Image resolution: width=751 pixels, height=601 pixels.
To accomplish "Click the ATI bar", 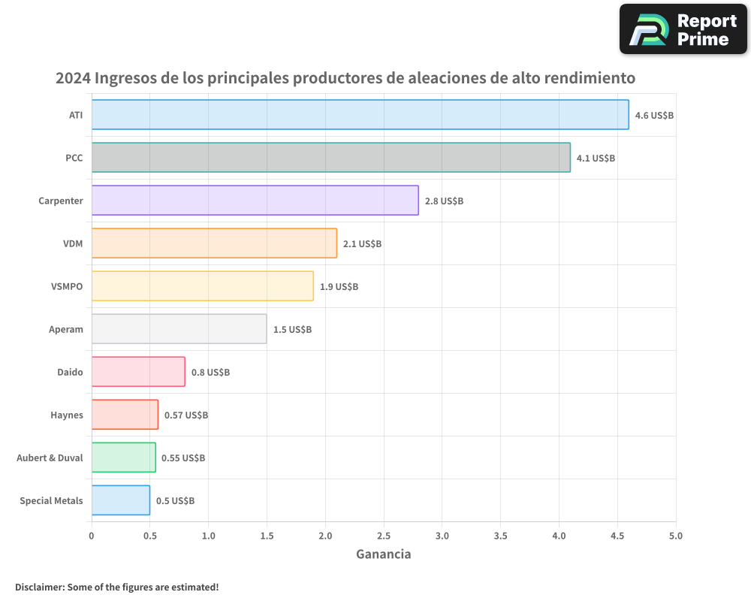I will pyautogui.click(x=360, y=115).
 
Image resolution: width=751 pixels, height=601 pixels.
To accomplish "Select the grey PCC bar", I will pyautogui.click(x=330, y=158).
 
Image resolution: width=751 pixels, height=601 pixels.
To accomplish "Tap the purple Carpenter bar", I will pyautogui.click(x=255, y=201).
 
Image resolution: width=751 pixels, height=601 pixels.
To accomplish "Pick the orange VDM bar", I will pyautogui.click(x=214, y=243).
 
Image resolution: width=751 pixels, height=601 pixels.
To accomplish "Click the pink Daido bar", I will pyautogui.click(x=138, y=372).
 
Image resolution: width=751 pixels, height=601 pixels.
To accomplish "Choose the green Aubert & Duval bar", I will pyautogui.click(x=123, y=458).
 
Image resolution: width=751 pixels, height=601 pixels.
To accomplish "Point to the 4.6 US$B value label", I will pyautogui.click(x=654, y=116).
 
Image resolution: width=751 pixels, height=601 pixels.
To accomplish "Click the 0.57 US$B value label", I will pyautogui.click(x=186, y=415).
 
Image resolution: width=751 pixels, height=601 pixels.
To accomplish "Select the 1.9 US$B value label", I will pyautogui.click(x=339, y=287).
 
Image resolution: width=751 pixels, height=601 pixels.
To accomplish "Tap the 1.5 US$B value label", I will pyautogui.click(x=292, y=330).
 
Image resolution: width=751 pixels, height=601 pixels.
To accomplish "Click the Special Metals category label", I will pyautogui.click(x=51, y=501).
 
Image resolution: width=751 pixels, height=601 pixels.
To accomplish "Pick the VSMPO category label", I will pyautogui.click(x=68, y=286).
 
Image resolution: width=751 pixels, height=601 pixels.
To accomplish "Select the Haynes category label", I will pyautogui.click(x=67, y=415).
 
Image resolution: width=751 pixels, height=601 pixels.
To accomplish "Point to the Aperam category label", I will pyautogui.click(x=65, y=329).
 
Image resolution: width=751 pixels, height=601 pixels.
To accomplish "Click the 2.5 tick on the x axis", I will pyautogui.click(x=384, y=536).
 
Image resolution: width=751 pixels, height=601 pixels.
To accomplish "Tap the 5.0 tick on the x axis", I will pyautogui.click(x=676, y=536).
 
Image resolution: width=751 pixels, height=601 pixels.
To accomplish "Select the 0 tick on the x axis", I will pyautogui.click(x=92, y=536).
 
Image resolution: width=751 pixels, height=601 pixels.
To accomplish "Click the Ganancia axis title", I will pyautogui.click(x=383, y=554).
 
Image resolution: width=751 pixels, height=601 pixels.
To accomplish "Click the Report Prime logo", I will pyautogui.click(x=683, y=29).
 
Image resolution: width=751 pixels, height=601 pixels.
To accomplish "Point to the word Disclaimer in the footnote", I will pyautogui.click(x=39, y=587).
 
